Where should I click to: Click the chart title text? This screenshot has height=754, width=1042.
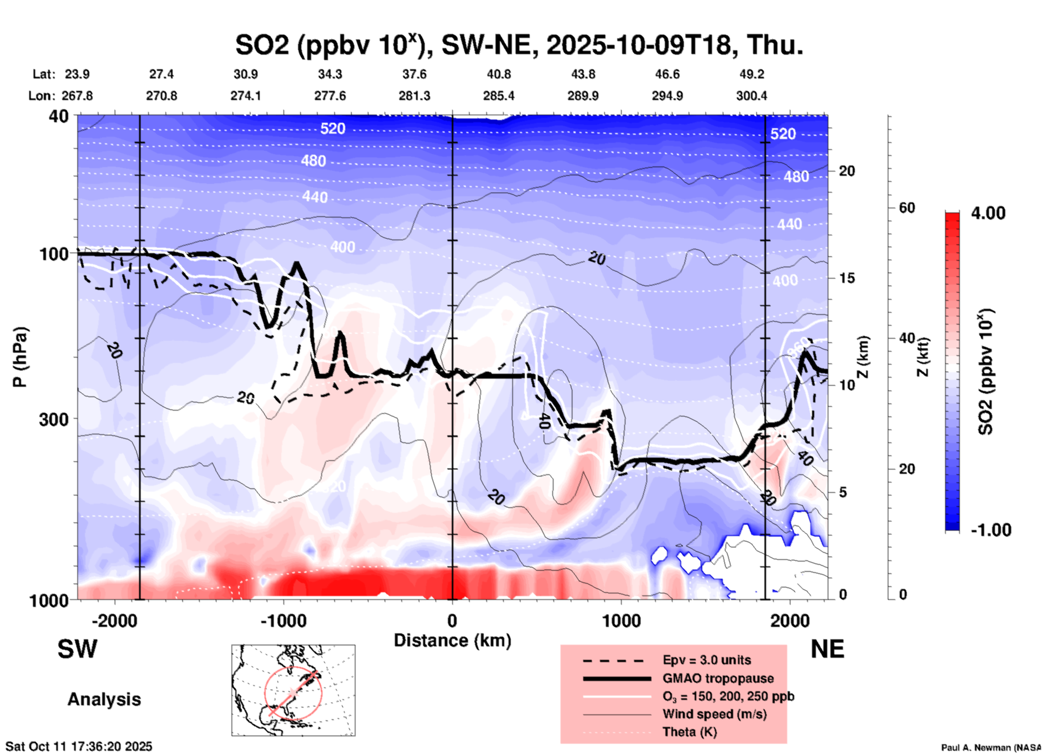(x=519, y=45)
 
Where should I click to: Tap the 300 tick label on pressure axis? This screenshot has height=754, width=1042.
(x=54, y=419)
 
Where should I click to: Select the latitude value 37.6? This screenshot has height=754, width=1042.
(x=414, y=74)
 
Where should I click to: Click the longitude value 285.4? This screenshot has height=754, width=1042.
(x=498, y=96)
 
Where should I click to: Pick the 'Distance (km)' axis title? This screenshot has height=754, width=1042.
(x=452, y=640)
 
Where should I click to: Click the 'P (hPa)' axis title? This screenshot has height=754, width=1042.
(x=21, y=357)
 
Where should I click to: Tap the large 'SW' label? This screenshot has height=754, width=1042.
(x=77, y=649)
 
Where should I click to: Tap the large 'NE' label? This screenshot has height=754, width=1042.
(x=827, y=649)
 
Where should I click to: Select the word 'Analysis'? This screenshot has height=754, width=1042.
(x=104, y=699)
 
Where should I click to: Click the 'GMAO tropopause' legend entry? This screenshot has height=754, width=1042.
(x=718, y=678)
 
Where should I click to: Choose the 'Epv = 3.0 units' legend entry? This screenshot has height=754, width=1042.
(x=707, y=660)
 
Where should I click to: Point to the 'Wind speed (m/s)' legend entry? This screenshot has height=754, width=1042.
(x=714, y=714)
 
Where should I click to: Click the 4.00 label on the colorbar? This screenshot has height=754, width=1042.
(x=988, y=213)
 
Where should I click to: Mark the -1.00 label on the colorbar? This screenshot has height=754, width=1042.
(x=991, y=530)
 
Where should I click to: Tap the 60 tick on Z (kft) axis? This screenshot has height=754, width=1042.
(x=907, y=208)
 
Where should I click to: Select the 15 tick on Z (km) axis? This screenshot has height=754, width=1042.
(x=846, y=278)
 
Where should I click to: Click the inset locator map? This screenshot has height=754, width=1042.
(x=293, y=690)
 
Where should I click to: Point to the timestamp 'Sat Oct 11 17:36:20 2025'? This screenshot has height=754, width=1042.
(x=79, y=746)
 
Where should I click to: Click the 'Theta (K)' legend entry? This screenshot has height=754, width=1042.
(x=689, y=732)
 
